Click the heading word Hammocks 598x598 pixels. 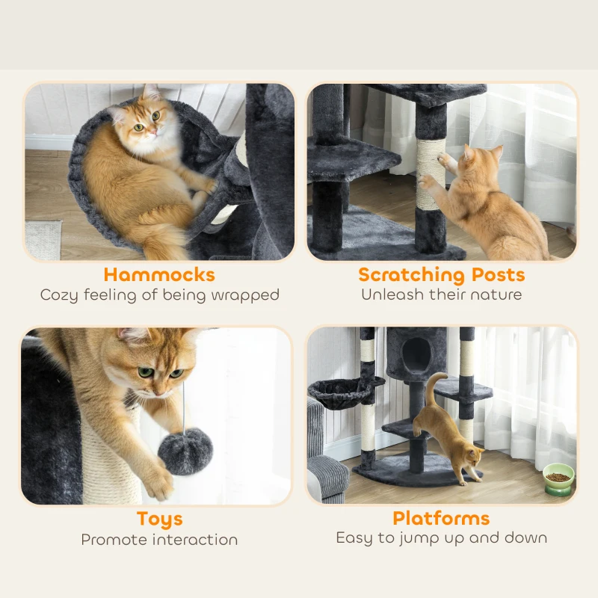pos(159,274)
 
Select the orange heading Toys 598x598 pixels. pos(159,519)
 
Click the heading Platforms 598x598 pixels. pos(441,518)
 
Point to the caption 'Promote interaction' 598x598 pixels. pos(159,539)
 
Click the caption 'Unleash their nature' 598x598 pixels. pos(441,295)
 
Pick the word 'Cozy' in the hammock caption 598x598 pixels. pos(59,295)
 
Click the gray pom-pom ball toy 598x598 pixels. pos(185,451)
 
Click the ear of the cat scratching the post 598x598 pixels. pos(469,152)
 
